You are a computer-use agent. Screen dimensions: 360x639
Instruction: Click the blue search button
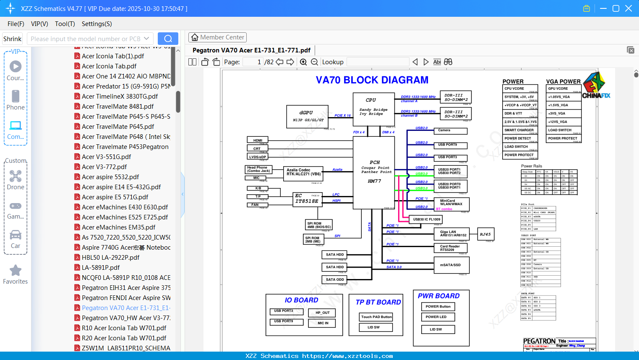[168, 39]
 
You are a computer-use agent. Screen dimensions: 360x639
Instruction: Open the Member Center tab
[217, 37]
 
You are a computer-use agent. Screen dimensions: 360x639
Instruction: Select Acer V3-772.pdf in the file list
[104, 167]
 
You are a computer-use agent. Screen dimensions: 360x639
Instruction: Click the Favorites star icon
[16, 271]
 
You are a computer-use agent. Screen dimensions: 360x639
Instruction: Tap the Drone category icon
[16, 176]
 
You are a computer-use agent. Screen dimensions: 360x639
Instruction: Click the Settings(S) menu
[97, 24]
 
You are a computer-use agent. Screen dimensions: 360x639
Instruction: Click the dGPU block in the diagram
[308, 116]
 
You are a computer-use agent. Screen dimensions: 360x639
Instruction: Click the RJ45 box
[485, 234]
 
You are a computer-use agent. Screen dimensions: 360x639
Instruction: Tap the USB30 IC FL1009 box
[426, 219]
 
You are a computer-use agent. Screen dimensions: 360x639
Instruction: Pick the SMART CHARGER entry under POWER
[519, 130]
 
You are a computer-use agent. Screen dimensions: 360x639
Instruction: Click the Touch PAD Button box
[376, 317]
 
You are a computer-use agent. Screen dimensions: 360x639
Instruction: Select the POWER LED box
[438, 317]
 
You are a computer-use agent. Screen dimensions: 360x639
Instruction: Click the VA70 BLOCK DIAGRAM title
[372, 80]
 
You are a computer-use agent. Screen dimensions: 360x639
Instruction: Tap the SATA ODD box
[335, 279]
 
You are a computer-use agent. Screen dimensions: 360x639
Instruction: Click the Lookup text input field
[378, 62]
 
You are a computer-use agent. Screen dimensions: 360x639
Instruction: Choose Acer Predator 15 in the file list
[126, 86]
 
